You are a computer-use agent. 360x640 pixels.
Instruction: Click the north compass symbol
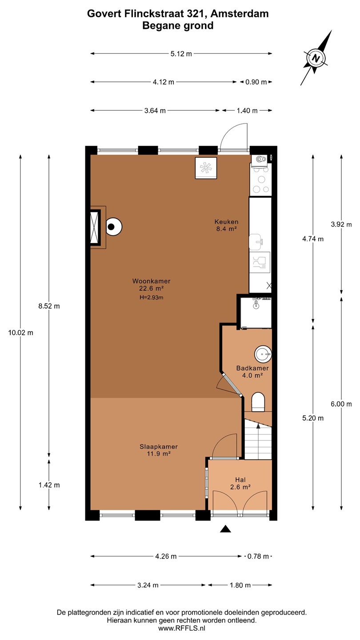[x=316, y=58]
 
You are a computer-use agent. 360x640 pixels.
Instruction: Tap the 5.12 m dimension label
[x=181, y=54]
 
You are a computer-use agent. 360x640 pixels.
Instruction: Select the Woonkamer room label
[x=152, y=281]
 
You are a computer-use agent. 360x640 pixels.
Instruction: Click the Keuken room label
[x=226, y=222]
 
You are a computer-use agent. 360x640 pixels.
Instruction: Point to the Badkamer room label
[x=252, y=368]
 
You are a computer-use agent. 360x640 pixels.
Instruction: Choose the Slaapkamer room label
[x=159, y=447]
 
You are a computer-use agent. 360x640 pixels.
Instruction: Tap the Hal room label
[x=240, y=480]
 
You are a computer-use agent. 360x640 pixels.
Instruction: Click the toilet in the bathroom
[x=258, y=402]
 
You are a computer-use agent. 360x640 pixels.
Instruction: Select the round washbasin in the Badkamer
[x=263, y=354]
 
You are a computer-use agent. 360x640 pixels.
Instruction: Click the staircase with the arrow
[x=258, y=439]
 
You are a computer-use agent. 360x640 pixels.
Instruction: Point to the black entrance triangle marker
[x=225, y=529]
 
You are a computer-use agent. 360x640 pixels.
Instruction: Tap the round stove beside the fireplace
[x=114, y=227]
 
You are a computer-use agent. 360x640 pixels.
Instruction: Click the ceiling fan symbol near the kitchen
[x=206, y=168]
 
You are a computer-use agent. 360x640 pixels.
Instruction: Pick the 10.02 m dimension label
[x=20, y=332]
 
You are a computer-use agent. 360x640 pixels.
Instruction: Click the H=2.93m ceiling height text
[x=152, y=297]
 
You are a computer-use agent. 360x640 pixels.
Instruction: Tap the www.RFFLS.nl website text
[x=182, y=628]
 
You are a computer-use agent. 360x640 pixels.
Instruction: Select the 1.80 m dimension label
[x=240, y=585]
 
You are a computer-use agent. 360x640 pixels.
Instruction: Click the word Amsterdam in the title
[x=240, y=13]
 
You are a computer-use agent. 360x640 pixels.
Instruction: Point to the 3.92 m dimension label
[x=341, y=224]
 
